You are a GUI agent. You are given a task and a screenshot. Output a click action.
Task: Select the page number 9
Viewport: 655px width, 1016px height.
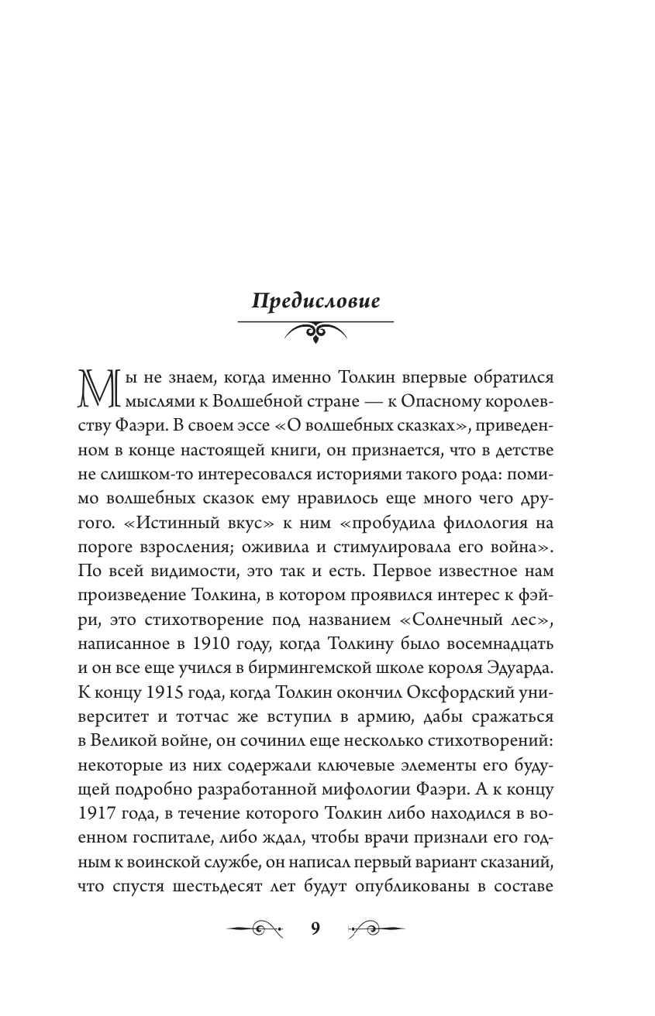point(315,929)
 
